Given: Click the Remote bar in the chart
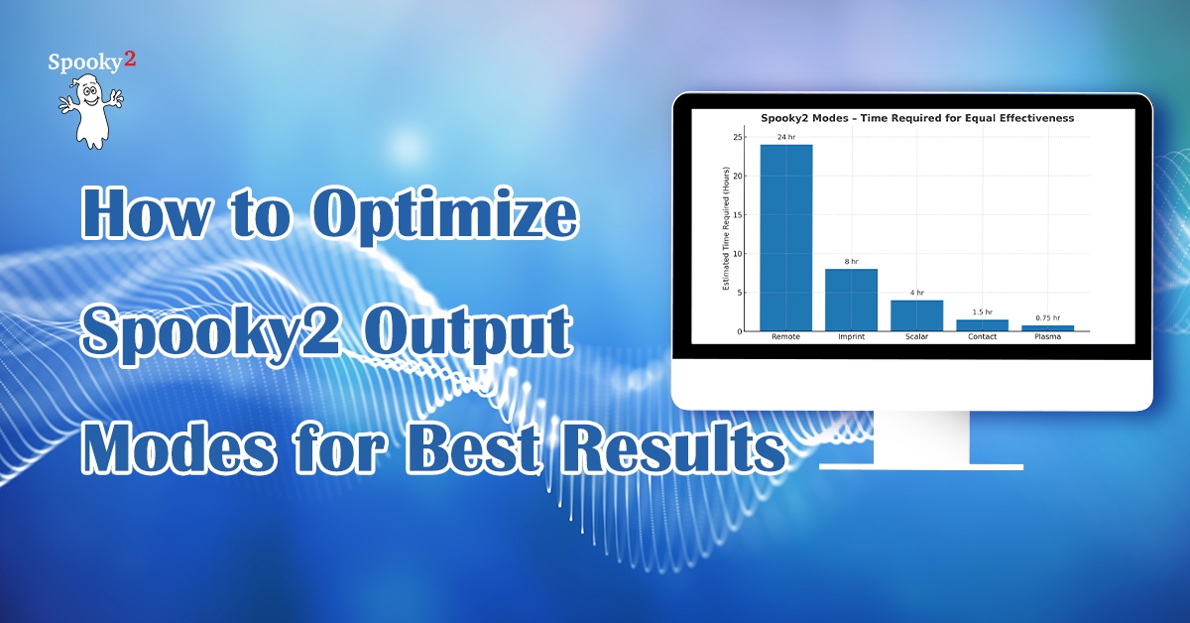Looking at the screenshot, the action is coord(785,238).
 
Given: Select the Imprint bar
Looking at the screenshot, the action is coord(851,301).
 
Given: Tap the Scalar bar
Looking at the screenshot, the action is coord(917,315).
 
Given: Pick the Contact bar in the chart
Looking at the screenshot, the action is coord(983,325).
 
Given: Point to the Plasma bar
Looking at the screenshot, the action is coord(1047,328).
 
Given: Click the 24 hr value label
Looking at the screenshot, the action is coord(786,137).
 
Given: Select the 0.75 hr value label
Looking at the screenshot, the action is coord(1047,317).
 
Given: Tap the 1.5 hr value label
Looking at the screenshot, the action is coord(983,312).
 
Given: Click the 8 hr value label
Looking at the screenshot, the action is coord(851,262).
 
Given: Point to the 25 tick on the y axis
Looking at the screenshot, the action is coord(738,137).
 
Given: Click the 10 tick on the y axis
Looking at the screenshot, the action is coord(738,254).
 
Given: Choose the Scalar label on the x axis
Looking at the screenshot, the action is coord(917,336).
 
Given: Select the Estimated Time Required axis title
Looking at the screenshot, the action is coord(726,228).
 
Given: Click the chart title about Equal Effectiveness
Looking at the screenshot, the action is coord(917,118).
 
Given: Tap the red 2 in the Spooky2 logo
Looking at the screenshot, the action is coord(129,59).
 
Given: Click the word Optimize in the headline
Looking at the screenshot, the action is coord(444,214).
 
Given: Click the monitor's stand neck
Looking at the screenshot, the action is coord(921,436).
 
